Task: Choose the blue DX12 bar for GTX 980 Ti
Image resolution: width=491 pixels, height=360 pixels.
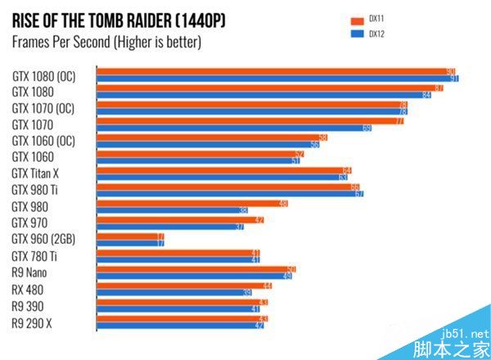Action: pos(230,194)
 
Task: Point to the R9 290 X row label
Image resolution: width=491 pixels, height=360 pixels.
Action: pos(33,322)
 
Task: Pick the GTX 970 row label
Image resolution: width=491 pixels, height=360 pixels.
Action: pos(29,223)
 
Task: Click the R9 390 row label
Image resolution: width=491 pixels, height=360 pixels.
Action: pos(28,306)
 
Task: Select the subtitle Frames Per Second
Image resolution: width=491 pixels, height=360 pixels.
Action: pos(106,41)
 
